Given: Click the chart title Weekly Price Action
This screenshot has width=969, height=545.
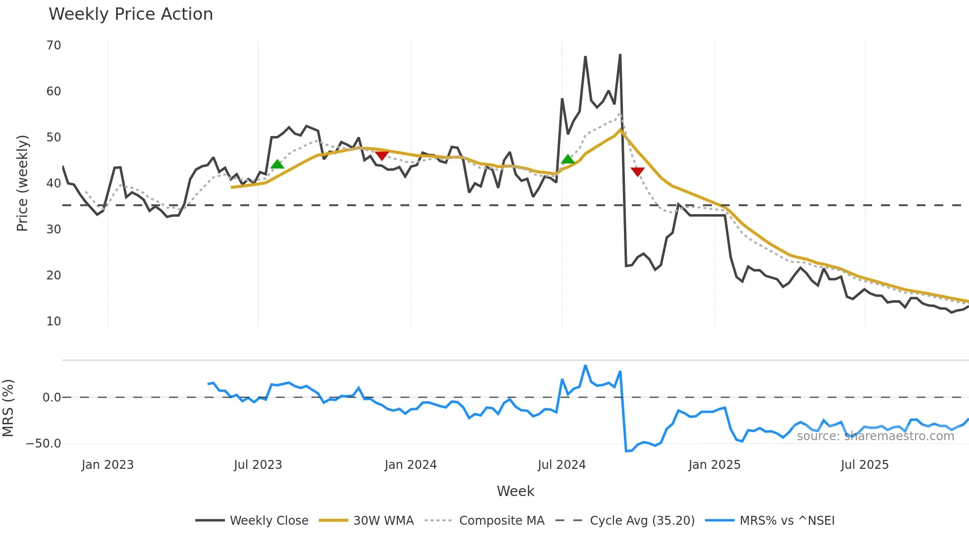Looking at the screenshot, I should [131, 14].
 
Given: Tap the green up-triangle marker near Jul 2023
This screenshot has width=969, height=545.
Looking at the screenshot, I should [277, 164].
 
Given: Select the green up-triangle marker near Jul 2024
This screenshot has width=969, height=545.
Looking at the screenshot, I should [568, 159].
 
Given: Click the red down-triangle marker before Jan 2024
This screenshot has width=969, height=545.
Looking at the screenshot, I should [382, 156].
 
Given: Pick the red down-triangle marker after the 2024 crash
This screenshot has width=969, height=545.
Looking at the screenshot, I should [638, 172].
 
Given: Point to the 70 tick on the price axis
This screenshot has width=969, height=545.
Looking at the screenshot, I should [54, 45].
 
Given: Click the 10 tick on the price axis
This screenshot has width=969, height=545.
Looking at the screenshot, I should [54, 321].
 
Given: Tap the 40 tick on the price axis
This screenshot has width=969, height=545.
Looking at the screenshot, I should [54, 183].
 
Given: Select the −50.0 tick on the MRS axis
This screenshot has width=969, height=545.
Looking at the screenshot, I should [44, 444].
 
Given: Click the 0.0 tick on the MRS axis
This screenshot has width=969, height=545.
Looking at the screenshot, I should [52, 398].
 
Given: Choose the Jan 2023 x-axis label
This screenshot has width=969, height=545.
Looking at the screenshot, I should [108, 465].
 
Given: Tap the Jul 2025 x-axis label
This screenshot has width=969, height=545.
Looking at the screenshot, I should [865, 465].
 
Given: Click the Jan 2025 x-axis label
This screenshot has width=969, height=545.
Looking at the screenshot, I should [714, 465].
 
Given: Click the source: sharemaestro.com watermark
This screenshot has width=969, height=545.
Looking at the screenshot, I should [876, 436].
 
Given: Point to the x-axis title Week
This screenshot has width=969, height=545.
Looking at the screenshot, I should [515, 491].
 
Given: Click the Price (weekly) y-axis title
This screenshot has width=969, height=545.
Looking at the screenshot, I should [23, 183].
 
